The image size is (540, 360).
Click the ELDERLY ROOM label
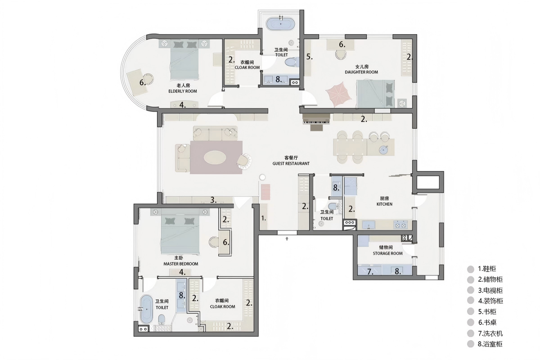coord(183,91)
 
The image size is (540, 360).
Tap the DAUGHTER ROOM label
coord(361,72)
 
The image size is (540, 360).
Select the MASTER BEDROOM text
coord(181,264)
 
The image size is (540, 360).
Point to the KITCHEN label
coord(384,204)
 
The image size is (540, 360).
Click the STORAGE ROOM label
coord(387,253)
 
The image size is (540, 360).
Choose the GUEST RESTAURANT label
coord(291,163)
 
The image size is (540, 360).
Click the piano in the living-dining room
coord(316,122)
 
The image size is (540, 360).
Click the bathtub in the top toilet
coord(280,24)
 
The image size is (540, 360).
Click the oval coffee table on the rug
coord(215,157)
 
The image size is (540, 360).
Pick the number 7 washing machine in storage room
coord(369,270)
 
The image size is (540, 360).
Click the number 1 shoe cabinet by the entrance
coord(264,217)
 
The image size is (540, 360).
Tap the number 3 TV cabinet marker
coord(213,200)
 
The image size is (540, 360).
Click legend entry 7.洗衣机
coord(490,333)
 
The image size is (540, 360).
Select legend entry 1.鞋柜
coord(487,269)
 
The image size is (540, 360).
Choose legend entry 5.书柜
coord(487,311)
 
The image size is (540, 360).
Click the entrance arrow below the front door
coord(287,238)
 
